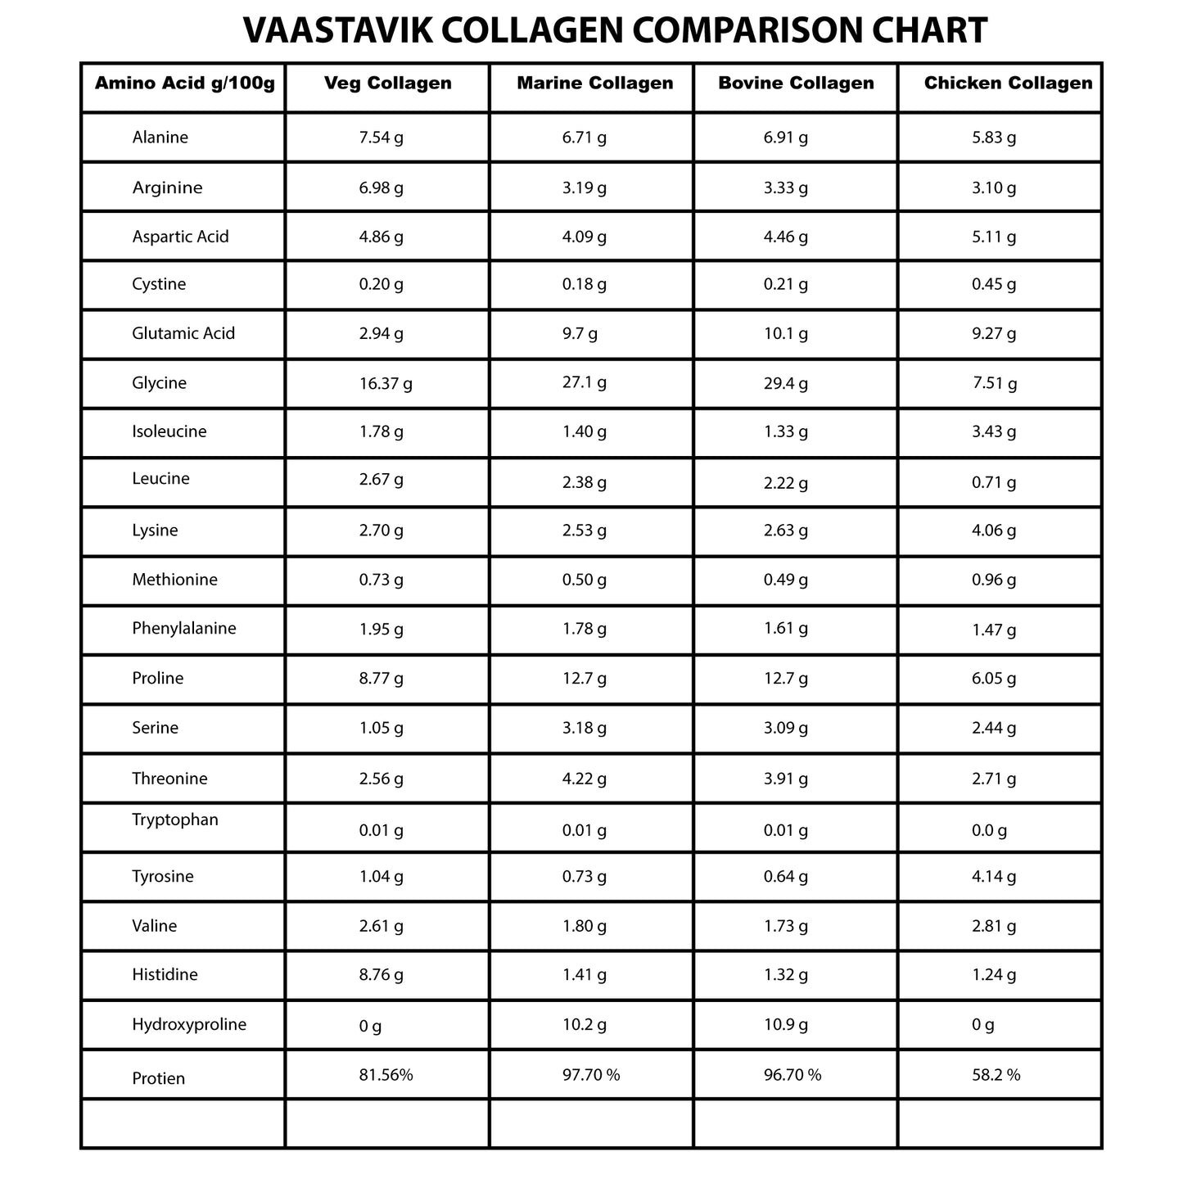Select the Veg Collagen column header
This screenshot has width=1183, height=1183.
[388, 83]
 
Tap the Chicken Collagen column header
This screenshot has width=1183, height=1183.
[1008, 83]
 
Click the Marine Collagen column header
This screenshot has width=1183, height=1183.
[595, 83]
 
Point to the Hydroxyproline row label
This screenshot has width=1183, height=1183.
[189, 1024]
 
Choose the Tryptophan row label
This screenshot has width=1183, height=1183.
[175, 820]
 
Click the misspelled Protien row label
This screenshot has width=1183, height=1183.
[159, 1078]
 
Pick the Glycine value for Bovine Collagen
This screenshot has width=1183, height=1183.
[785, 383]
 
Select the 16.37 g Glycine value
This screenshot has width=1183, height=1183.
[386, 383]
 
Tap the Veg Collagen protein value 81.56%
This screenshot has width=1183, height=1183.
[386, 1075]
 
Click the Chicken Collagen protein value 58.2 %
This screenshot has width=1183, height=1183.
[996, 1075]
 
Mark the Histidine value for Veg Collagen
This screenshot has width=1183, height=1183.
[382, 975]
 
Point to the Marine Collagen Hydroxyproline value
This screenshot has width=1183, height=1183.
[585, 1024]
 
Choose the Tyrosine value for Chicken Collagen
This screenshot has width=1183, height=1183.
[994, 877]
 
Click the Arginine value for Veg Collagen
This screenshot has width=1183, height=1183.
[382, 187]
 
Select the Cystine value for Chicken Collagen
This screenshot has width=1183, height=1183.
[994, 284]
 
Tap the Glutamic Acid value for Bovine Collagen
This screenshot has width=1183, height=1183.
[785, 333]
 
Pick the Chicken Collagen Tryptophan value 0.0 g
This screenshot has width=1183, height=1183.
[990, 830]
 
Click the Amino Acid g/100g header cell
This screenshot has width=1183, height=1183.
[185, 83]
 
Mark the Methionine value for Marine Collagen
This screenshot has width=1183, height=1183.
[585, 580]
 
